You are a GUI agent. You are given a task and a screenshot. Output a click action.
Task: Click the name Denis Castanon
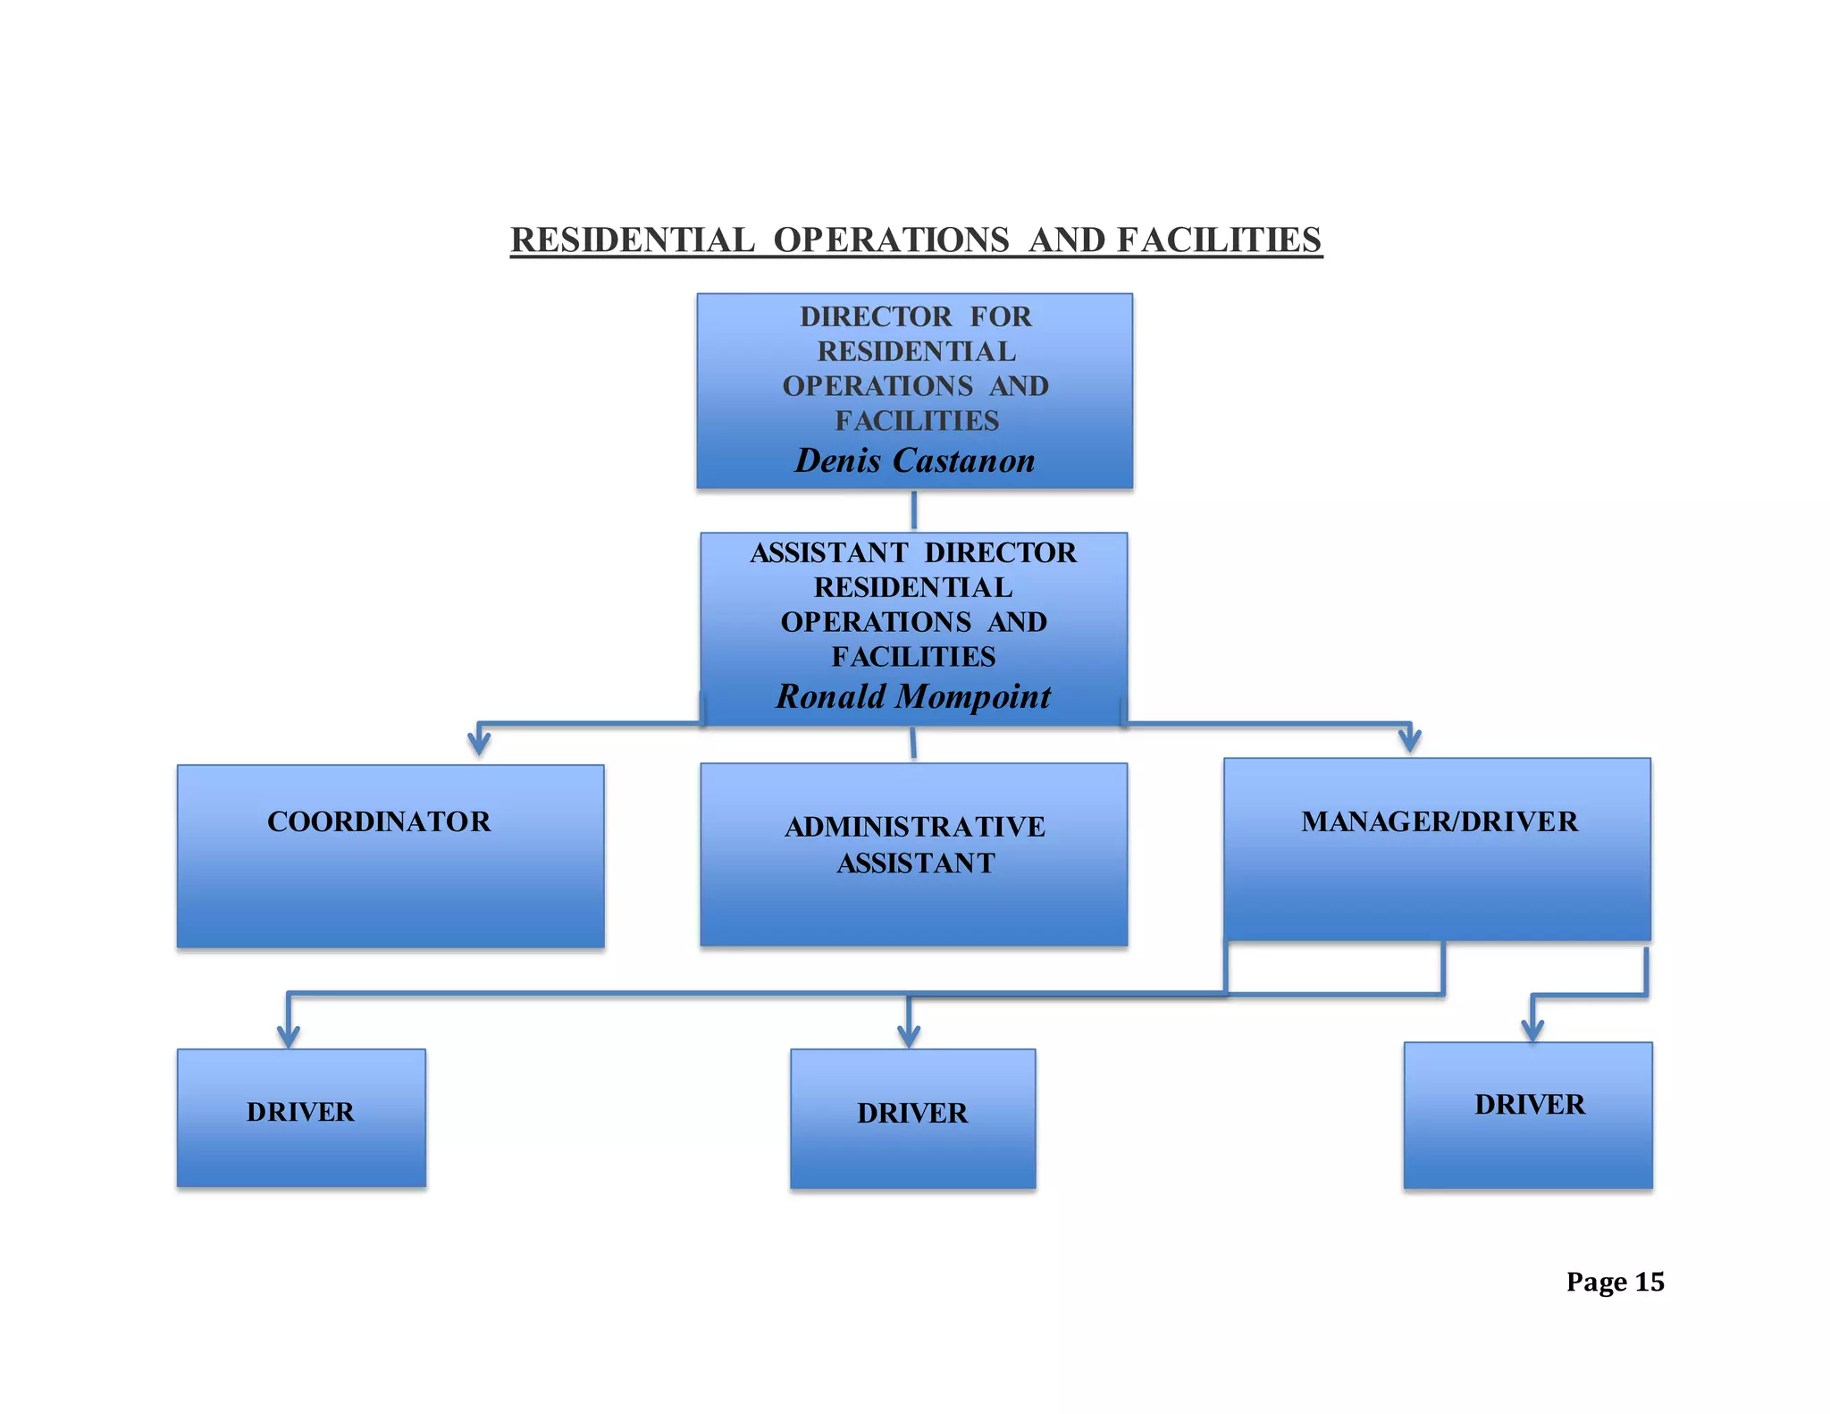click(x=914, y=460)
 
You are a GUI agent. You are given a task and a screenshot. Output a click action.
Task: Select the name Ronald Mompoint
click(x=912, y=696)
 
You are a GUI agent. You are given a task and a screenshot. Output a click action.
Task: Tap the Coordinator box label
click(x=379, y=821)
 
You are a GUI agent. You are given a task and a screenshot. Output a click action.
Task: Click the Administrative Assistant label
click(x=914, y=844)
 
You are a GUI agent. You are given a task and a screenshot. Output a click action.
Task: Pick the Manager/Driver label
click(x=1439, y=821)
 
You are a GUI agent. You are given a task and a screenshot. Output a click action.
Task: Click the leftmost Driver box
click(x=301, y=1117)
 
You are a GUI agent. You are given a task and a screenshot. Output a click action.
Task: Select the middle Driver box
click(x=912, y=1118)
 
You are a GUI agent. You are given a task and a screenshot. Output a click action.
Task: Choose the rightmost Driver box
click(x=1528, y=1114)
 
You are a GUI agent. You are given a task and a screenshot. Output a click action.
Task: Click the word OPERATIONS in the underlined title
click(x=891, y=240)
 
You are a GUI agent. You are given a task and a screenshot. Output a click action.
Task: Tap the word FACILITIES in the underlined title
click(x=1219, y=240)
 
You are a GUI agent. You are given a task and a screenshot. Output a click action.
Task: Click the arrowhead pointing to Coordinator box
click(x=479, y=742)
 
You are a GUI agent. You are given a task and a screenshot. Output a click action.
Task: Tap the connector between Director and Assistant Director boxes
click(x=913, y=510)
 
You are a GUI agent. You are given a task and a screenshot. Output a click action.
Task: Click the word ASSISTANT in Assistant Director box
click(x=828, y=552)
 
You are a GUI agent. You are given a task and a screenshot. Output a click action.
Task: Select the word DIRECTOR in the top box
click(x=876, y=316)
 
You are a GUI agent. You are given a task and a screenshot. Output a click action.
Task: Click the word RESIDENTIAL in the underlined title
click(x=633, y=240)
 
